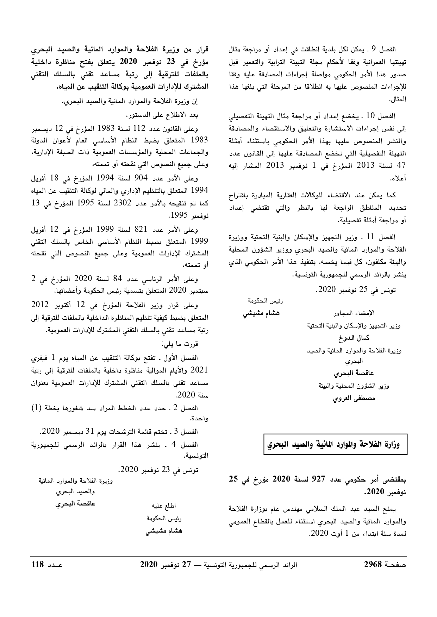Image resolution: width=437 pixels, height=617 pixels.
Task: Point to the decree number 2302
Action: click(124, 203)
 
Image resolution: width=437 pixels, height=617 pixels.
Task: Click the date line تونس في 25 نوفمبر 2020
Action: click(356, 290)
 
